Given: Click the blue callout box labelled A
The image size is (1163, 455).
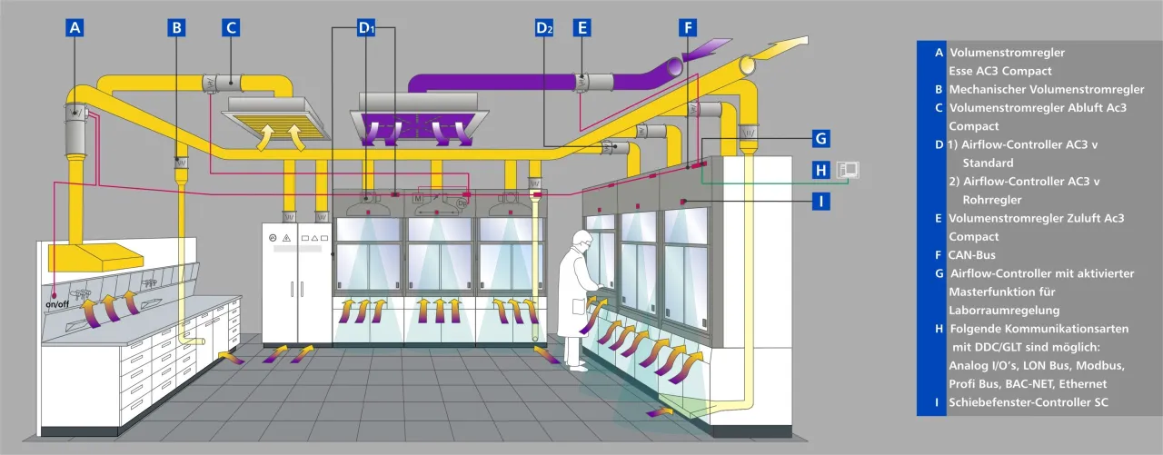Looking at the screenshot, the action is click(x=75, y=27).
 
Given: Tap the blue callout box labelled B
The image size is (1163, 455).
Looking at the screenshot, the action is click(x=176, y=27).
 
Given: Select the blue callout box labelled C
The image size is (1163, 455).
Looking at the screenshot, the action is click(x=231, y=27).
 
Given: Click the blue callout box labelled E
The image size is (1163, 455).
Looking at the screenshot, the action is click(x=582, y=27).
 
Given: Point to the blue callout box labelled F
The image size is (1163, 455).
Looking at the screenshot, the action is click(x=688, y=27).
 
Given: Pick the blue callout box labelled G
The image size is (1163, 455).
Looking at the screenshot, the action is click(x=820, y=139).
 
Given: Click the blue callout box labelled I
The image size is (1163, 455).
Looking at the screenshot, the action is click(x=820, y=202).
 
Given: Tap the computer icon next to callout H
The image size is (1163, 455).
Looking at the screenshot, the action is click(x=848, y=170).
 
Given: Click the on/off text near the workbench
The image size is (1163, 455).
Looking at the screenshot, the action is click(x=57, y=304).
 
